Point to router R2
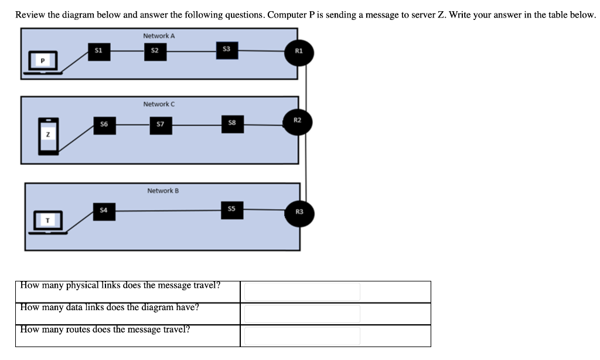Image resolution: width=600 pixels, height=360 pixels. pos(298,121)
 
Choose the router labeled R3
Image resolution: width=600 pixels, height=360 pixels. pos(299,212)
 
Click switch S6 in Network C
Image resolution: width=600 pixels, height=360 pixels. pos(104,124)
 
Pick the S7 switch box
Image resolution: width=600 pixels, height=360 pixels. pos(161,124)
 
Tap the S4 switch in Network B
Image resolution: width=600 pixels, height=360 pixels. pos(104,210)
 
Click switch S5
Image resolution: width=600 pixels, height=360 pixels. pos(231,209)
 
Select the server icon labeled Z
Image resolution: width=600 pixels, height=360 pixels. pos(49,136)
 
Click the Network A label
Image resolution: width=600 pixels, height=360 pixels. pos(159,36)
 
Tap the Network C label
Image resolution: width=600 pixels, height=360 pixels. pos(159,104)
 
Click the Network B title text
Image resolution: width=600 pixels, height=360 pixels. pos(163,191)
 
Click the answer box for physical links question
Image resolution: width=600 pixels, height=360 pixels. pos(302,291)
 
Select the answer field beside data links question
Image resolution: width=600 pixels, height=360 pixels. pos(302,314)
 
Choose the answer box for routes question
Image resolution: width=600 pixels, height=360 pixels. pos(302,335)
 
